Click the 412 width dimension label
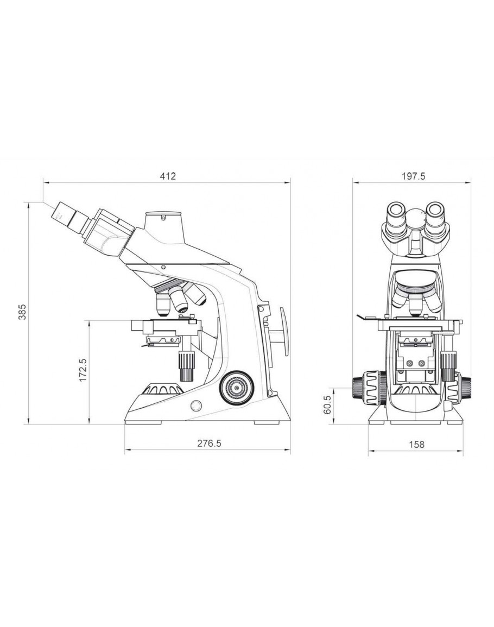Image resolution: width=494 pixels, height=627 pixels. pos(168,176)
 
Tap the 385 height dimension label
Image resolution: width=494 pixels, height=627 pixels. pos(22,312)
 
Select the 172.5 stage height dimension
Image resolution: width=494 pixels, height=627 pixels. pos(83,370)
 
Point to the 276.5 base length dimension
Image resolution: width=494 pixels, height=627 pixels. pos(209,443)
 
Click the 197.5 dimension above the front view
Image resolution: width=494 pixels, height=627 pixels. pos(414,176)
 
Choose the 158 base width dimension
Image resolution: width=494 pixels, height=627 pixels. pos(416,444)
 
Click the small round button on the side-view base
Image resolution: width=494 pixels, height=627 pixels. pos(196,406)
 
